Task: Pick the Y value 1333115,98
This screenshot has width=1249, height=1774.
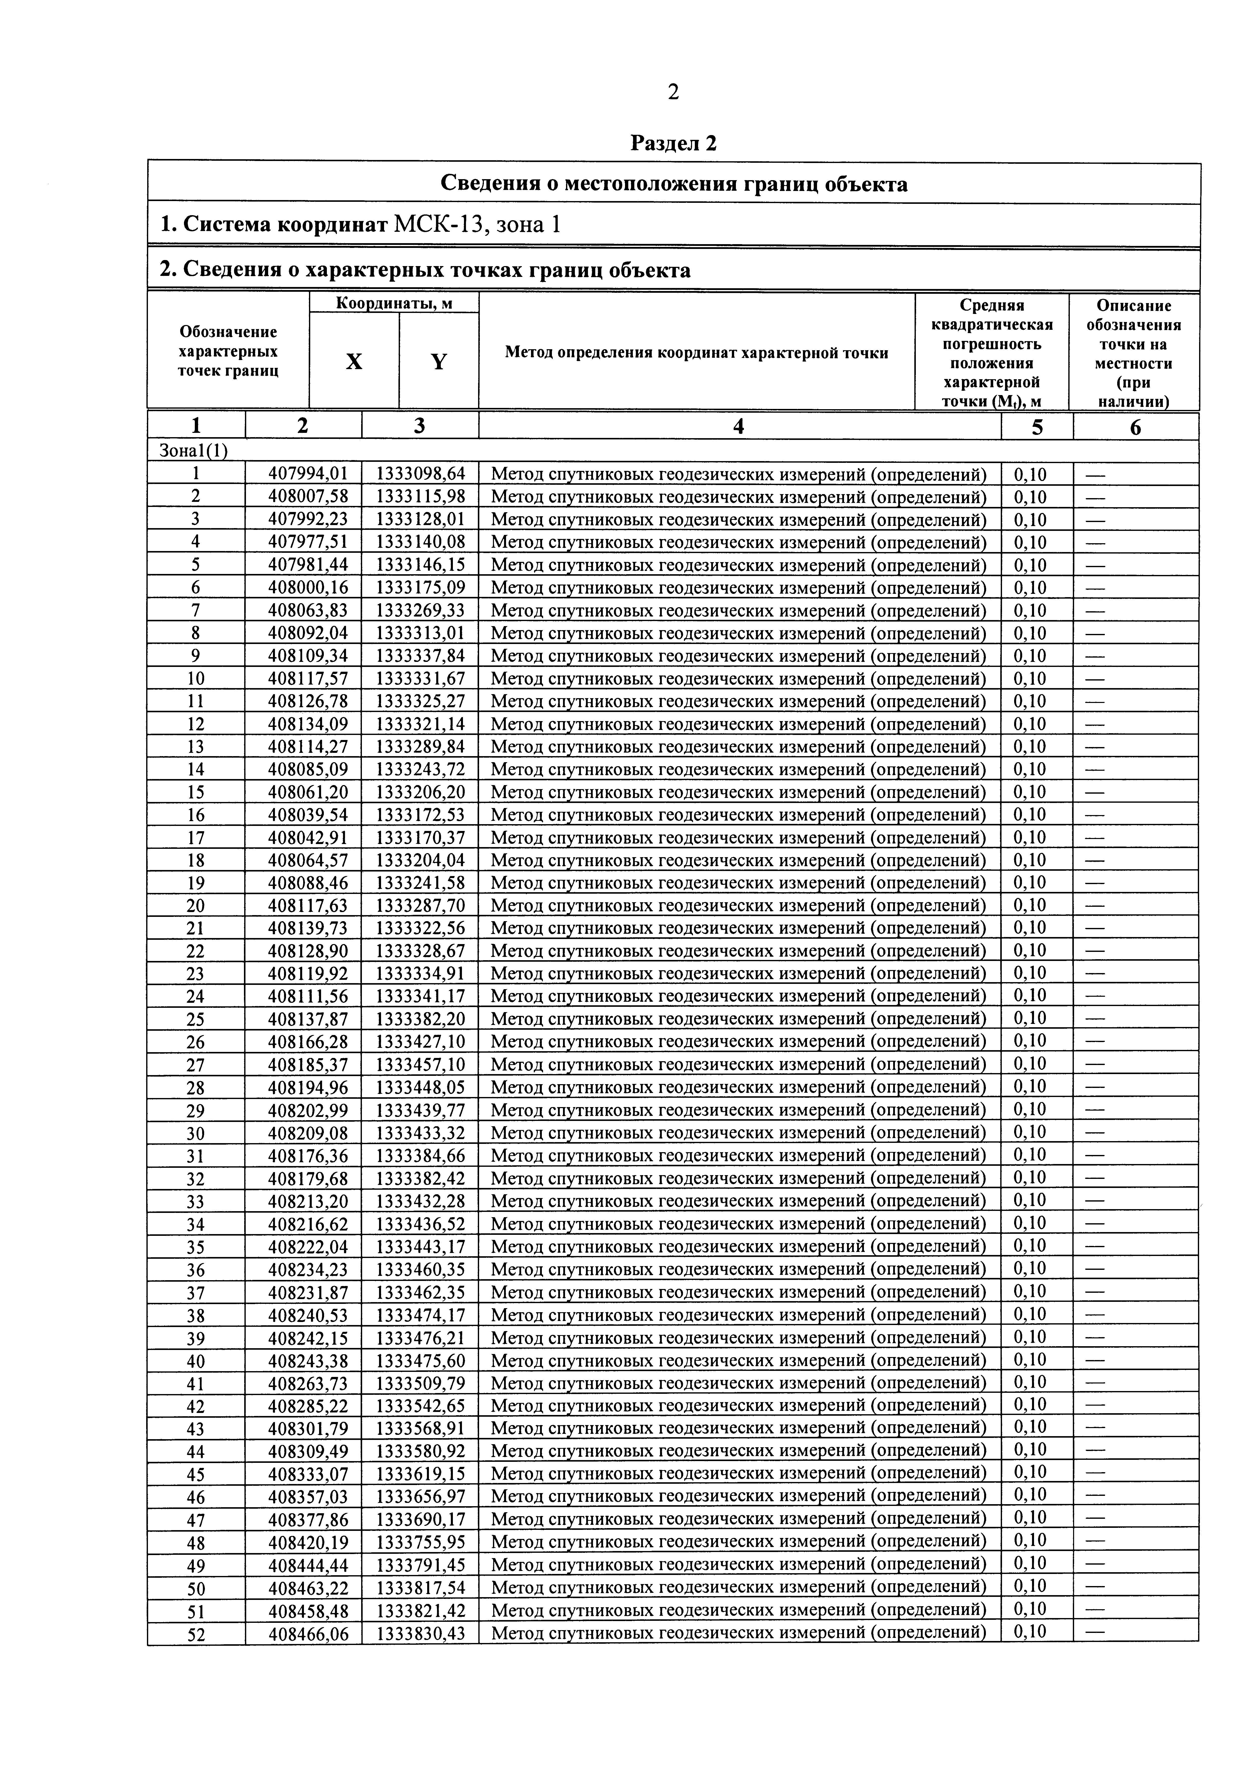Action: point(420,497)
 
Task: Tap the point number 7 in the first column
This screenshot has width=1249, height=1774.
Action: point(196,610)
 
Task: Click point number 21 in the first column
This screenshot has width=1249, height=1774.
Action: point(196,928)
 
